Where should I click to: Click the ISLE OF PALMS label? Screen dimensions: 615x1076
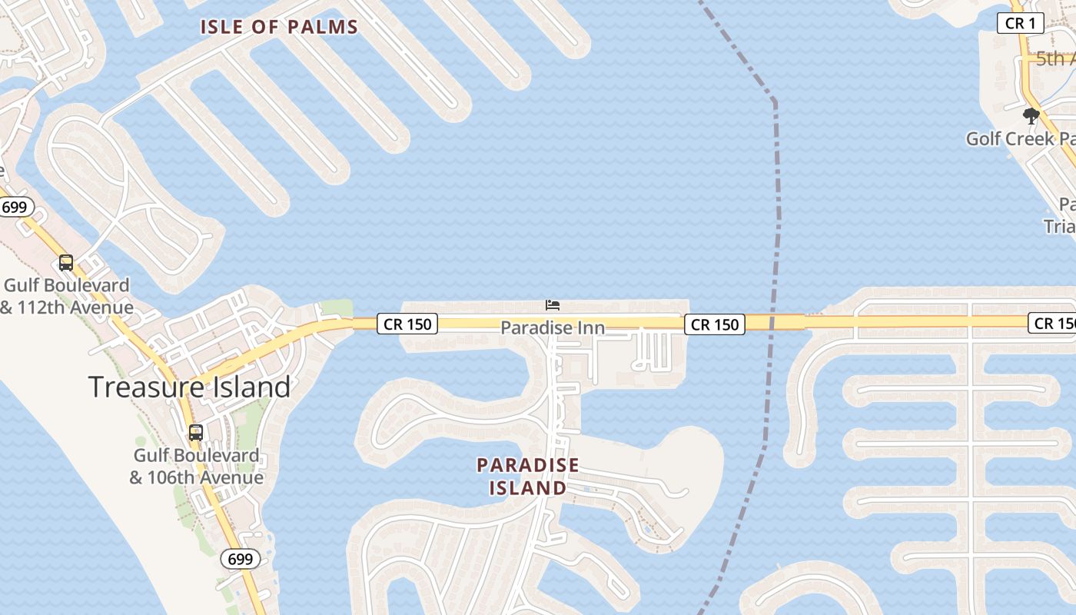(279, 27)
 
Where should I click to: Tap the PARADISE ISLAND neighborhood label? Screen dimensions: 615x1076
(527, 477)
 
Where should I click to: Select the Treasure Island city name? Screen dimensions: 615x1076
(189, 386)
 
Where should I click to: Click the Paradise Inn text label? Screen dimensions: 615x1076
(552, 328)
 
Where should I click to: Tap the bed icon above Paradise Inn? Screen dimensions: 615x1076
(552, 305)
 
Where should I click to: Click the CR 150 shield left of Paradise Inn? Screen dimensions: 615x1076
(407, 324)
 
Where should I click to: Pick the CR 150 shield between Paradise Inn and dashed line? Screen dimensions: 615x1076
(715, 324)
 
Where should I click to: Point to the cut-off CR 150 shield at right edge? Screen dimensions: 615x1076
(1053, 324)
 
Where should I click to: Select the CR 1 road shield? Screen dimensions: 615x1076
(1021, 23)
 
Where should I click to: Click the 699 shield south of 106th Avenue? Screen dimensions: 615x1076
(241, 559)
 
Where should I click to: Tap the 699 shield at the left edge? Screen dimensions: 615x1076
(14, 207)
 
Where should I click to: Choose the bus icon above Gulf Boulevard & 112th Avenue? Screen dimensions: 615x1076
(66, 263)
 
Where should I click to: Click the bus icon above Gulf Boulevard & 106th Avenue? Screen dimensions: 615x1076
(196, 433)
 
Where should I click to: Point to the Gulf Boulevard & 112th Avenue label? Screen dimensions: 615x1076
(67, 297)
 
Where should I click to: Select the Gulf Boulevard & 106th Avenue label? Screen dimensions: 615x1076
(196, 467)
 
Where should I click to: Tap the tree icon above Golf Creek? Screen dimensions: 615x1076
(1031, 117)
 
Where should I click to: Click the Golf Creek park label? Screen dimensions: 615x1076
(1020, 139)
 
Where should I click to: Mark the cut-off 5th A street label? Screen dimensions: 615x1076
(1054, 58)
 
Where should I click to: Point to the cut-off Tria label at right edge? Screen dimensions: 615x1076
(1059, 226)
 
